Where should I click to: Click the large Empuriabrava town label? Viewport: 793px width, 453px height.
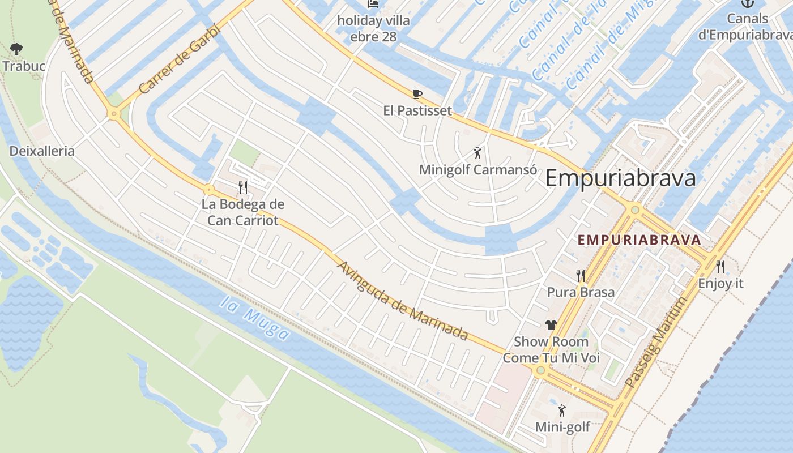coord(620,178)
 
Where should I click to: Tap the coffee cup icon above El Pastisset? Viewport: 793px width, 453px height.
coord(417,94)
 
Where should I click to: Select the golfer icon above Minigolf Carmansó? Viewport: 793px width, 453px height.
coord(477,153)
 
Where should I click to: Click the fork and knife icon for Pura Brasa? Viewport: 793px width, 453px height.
coord(581,276)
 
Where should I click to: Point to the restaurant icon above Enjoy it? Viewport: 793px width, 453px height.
coord(720,266)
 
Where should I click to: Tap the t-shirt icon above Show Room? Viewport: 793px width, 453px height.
coord(551,325)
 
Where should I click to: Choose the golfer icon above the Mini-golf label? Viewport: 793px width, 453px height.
coord(562,411)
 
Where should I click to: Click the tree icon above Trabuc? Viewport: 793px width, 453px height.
coord(16,49)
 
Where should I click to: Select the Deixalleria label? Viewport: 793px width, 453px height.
coord(42,151)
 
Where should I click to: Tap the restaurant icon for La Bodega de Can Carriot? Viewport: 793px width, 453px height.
coord(243,187)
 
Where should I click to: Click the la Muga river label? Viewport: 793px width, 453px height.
coord(255,318)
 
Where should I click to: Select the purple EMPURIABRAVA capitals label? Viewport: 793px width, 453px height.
coord(639,240)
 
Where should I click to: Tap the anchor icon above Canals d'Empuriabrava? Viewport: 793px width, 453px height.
coord(748,3)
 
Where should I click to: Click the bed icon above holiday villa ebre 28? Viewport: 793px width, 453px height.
coord(373,3)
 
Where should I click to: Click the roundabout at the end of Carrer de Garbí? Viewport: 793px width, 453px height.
coord(114,114)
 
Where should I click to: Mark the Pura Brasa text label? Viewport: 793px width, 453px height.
coord(581,292)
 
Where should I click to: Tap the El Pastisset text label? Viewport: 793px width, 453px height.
coord(417,110)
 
